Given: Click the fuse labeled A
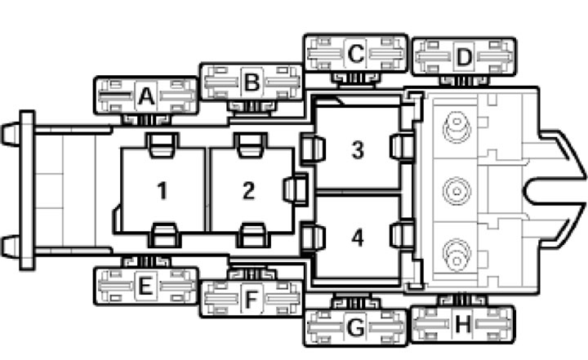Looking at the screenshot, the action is [x=146, y=96].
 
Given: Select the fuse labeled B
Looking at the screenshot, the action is [x=252, y=82].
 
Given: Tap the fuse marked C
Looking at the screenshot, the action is [x=355, y=53].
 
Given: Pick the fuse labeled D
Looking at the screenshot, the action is [x=464, y=57].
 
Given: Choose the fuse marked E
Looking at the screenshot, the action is [x=146, y=286].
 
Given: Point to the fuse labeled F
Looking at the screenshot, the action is [x=252, y=299].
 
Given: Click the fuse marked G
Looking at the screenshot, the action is [x=355, y=327].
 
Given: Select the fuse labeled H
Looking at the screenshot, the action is [x=463, y=324].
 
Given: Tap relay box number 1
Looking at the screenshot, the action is [x=163, y=190].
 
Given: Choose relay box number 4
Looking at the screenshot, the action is [x=358, y=237].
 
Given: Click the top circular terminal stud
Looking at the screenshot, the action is [x=457, y=126].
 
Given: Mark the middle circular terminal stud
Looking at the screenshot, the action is [x=457, y=191].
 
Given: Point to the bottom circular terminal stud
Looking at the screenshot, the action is [x=457, y=256].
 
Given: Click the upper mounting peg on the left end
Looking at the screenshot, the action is [x=11, y=134].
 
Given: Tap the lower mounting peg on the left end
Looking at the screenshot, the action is [x=11, y=247].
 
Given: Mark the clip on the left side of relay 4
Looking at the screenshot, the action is [x=312, y=237].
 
